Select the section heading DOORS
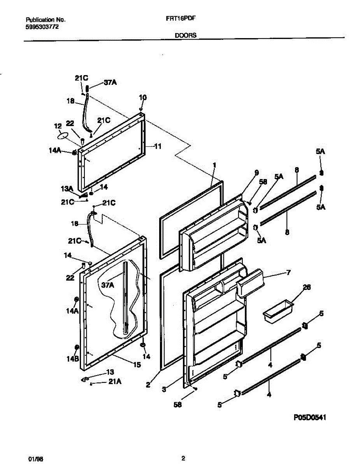[185, 35]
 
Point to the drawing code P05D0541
[309, 418]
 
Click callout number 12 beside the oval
[58, 126]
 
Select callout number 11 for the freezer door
[157, 146]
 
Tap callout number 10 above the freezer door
[142, 97]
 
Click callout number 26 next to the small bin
[307, 288]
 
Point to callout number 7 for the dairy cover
[288, 272]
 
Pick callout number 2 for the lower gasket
[148, 385]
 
